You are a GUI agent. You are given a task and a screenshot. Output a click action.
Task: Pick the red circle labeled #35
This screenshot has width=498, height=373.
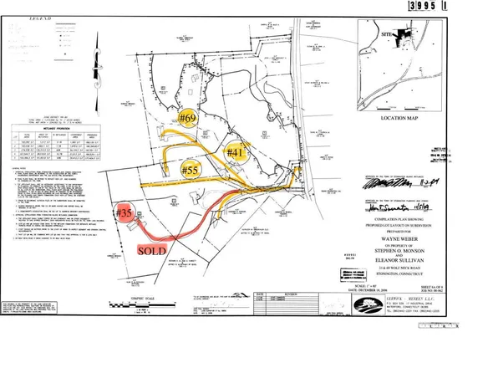[x=126, y=214]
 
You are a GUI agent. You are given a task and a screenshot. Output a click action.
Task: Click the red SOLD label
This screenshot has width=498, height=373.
[x=150, y=250]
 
